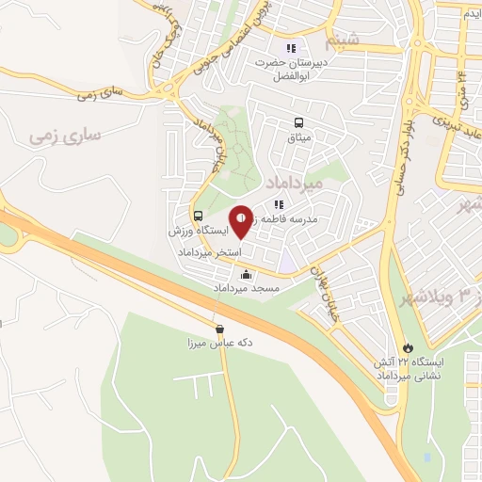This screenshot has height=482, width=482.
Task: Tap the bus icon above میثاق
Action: (298, 122)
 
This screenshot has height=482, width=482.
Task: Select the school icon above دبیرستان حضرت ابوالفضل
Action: (292, 48)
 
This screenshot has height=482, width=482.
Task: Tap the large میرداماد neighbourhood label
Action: (295, 181)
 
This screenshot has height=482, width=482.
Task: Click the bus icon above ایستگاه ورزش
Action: (198, 215)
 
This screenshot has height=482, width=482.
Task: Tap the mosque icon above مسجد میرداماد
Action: (247, 275)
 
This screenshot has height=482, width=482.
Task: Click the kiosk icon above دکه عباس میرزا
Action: (220, 329)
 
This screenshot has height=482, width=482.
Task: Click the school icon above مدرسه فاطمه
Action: (279, 204)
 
